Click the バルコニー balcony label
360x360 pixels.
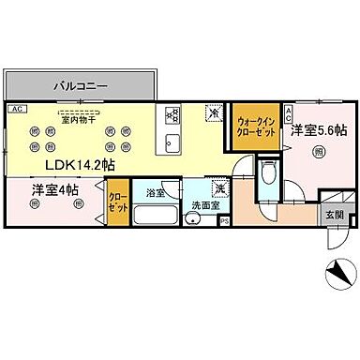coord(79,84)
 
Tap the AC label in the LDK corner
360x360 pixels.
coord(16,109)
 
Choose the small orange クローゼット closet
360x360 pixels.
coord(118,202)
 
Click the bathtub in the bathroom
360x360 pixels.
coord(156,214)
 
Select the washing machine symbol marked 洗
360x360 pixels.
coord(217,187)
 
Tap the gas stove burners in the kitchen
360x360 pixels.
coord(172,115)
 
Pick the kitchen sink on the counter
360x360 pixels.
coord(172,142)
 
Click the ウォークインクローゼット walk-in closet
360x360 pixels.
coord(254,127)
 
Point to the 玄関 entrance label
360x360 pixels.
coord(334,214)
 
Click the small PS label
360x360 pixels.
coord(225,221)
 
